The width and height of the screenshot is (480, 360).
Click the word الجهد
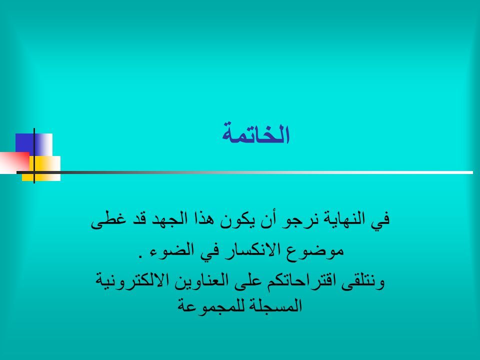160,219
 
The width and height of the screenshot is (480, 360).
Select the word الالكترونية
132,280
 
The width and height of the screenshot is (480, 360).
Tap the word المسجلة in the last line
273,305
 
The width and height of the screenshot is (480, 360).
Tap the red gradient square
14,162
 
